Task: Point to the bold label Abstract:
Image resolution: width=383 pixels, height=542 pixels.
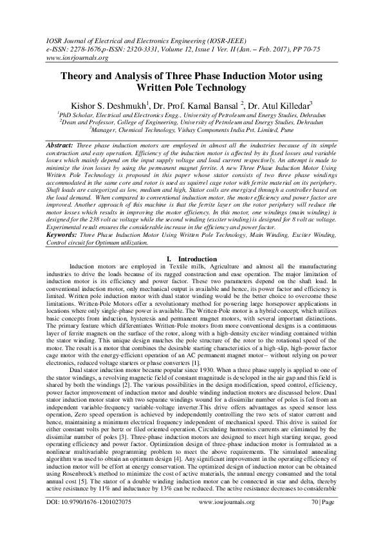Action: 59,147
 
